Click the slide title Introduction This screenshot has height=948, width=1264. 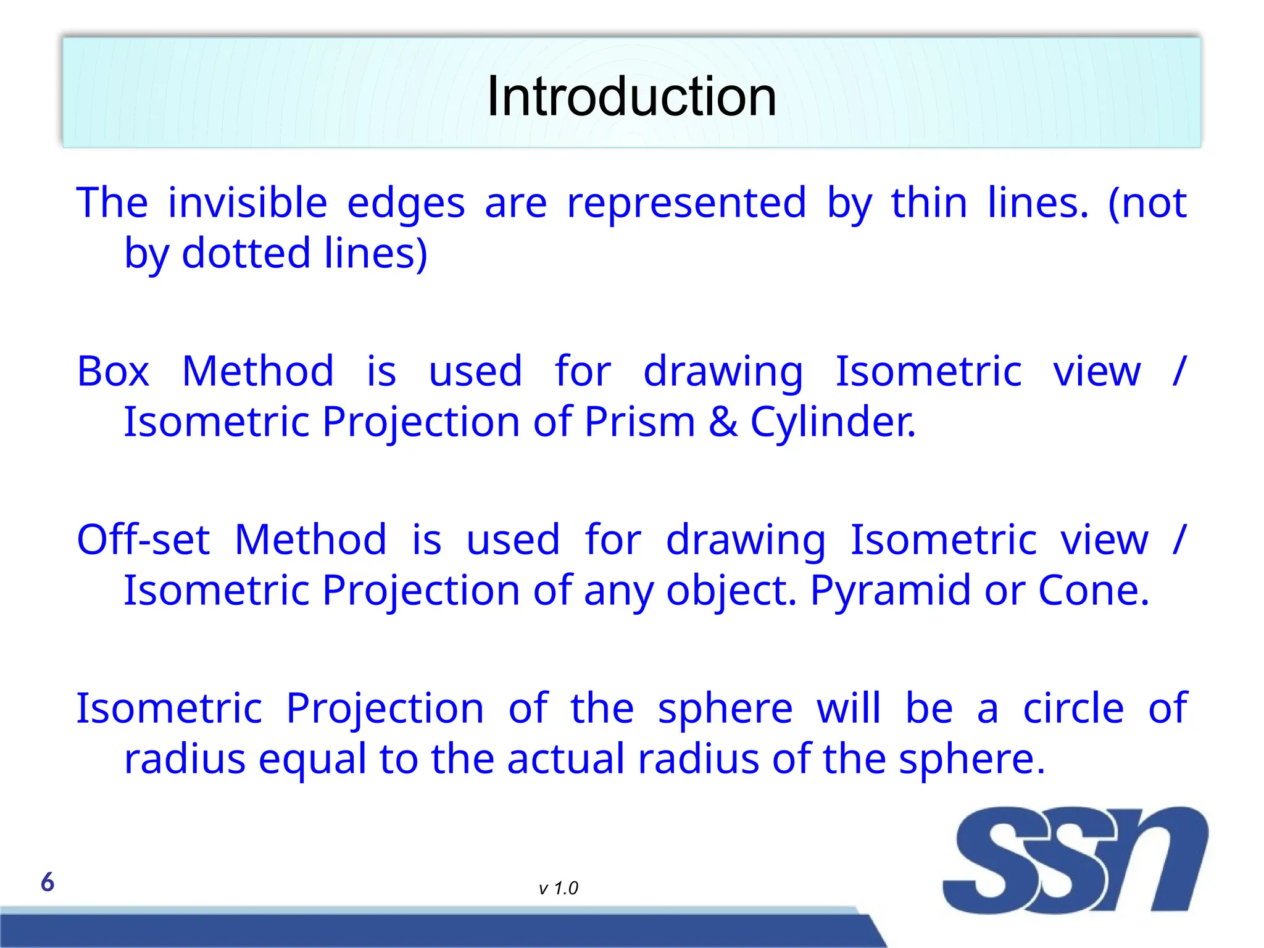pyautogui.click(x=631, y=97)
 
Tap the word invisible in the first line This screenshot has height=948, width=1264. pyautogui.click(x=247, y=203)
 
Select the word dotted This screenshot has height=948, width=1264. pyautogui.click(x=246, y=254)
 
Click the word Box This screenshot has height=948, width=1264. pyautogui.click(x=113, y=372)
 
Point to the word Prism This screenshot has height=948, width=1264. pyautogui.click(x=639, y=422)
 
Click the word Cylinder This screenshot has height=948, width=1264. pyautogui.click(x=833, y=422)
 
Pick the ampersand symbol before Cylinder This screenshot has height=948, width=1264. pyautogui.click(x=723, y=422)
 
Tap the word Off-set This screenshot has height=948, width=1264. pyautogui.click(x=143, y=540)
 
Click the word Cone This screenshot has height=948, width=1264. pyautogui.click(x=1093, y=591)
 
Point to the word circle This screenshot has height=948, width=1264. pyautogui.click(x=1073, y=709)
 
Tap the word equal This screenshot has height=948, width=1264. pyautogui.click(x=312, y=760)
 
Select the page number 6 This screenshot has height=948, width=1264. pyautogui.click(x=48, y=883)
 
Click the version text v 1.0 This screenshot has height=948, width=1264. pyautogui.click(x=558, y=889)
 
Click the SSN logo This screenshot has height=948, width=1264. pyautogui.click(x=1075, y=860)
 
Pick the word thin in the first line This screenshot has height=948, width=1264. pyautogui.click(x=929, y=203)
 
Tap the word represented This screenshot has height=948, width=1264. pyautogui.click(x=686, y=203)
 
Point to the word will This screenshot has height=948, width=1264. pyautogui.click(x=849, y=709)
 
